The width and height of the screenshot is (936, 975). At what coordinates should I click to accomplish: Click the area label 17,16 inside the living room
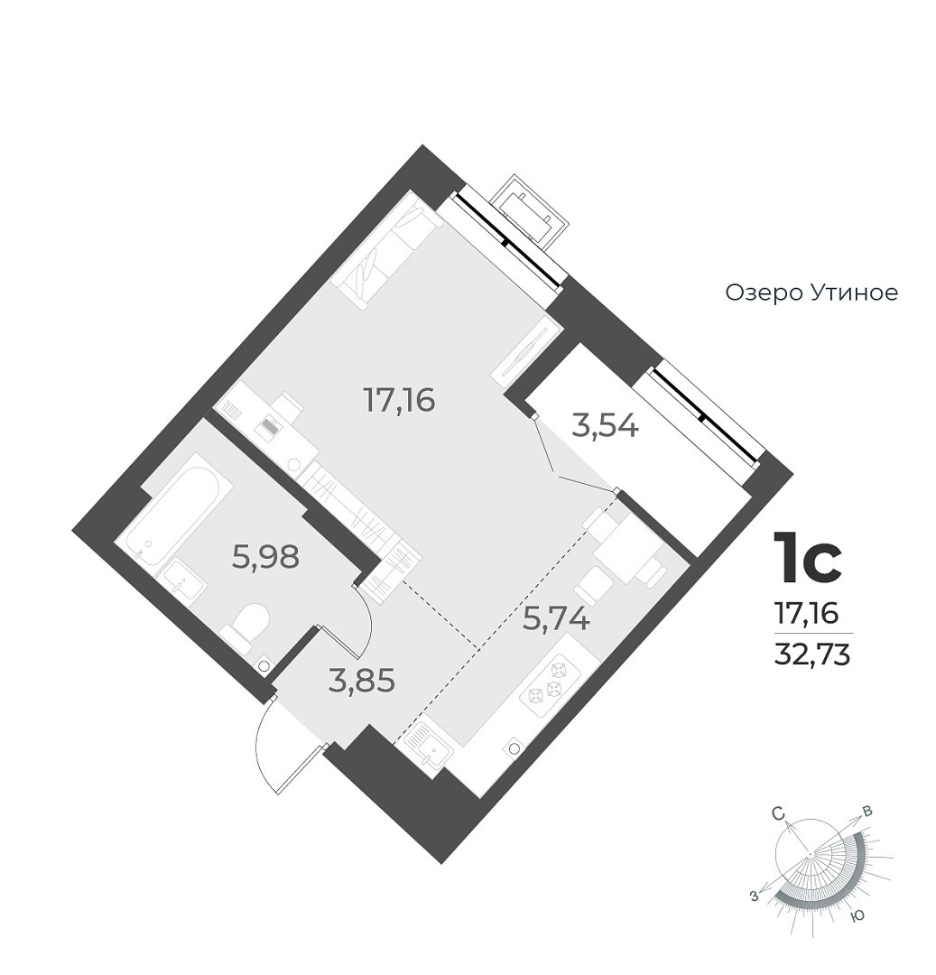(x=399, y=399)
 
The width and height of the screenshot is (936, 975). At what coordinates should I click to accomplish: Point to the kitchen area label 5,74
(x=557, y=620)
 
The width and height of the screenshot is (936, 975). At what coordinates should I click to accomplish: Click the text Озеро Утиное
(x=811, y=293)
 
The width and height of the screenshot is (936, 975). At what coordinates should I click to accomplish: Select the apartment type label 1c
(x=808, y=560)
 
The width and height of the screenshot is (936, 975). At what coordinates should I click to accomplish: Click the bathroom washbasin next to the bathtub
(x=183, y=580)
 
